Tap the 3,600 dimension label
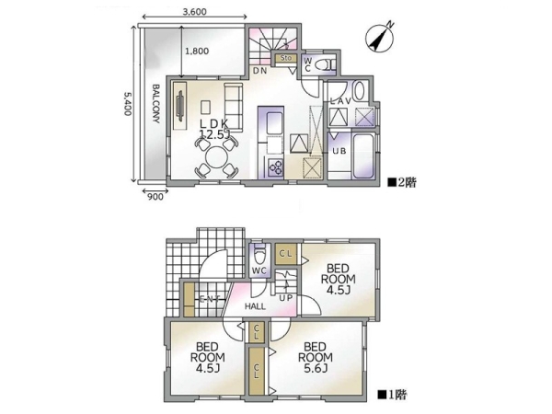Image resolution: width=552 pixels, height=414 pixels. pyautogui.click(x=194, y=12)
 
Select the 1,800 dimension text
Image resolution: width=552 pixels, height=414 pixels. pyautogui.click(x=197, y=52)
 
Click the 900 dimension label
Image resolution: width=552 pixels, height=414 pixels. pyautogui.click(x=154, y=195)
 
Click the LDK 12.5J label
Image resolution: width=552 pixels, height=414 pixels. pyautogui.click(x=212, y=129)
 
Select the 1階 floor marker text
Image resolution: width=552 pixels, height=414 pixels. pyautogui.click(x=393, y=395)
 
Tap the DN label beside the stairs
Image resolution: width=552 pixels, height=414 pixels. pyautogui.click(x=260, y=71)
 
